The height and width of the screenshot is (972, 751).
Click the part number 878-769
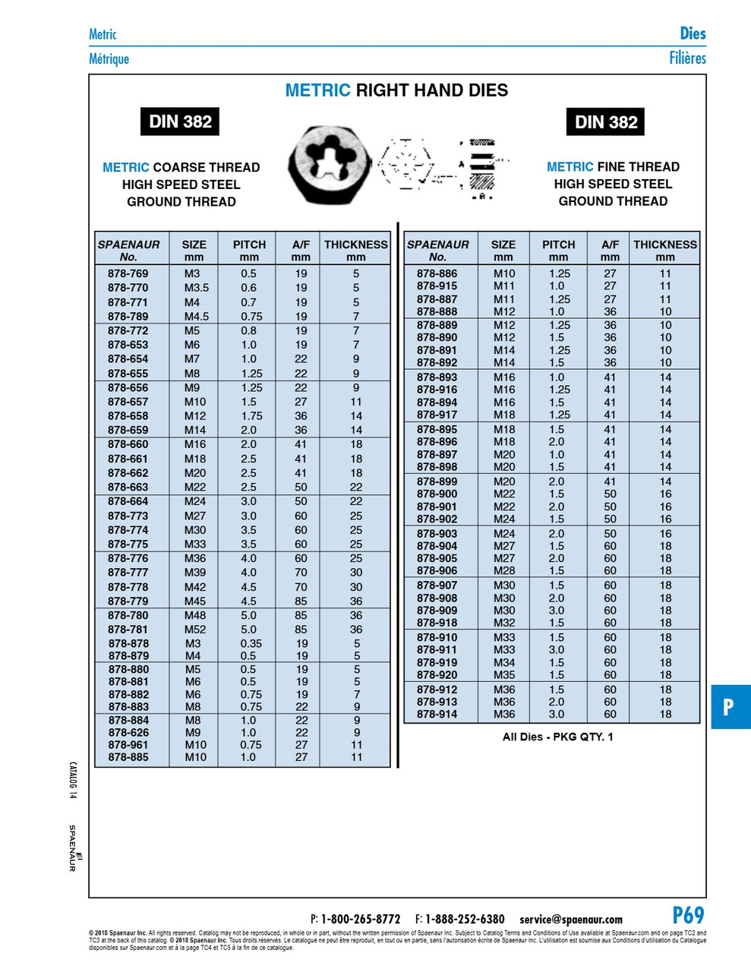point(128,273)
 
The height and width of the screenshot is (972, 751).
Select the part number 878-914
point(437,715)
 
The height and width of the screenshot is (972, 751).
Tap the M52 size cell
point(194,630)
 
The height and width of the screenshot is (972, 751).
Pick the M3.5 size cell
point(195,288)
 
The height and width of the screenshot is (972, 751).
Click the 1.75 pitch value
point(251,416)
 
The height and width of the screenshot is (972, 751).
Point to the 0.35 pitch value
point(251,643)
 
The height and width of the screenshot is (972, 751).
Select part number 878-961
point(128,745)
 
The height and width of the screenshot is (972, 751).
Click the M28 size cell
point(503,571)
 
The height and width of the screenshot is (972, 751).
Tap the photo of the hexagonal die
point(329,165)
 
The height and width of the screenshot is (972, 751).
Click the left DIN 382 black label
point(180,121)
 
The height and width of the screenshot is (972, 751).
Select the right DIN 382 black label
point(605,122)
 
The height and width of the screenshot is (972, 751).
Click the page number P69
point(688,915)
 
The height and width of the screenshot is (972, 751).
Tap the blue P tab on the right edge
point(730,707)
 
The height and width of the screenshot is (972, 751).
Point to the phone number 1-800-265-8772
point(360,920)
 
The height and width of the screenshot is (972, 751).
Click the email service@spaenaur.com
point(570,920)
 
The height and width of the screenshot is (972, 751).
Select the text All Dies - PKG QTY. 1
point(557,737)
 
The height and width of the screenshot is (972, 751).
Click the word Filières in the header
point(687,58)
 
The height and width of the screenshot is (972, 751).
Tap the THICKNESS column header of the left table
point(355,251)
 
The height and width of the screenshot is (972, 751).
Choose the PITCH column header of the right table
point(558,251)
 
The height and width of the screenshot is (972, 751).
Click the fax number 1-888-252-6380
point(465,920)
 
